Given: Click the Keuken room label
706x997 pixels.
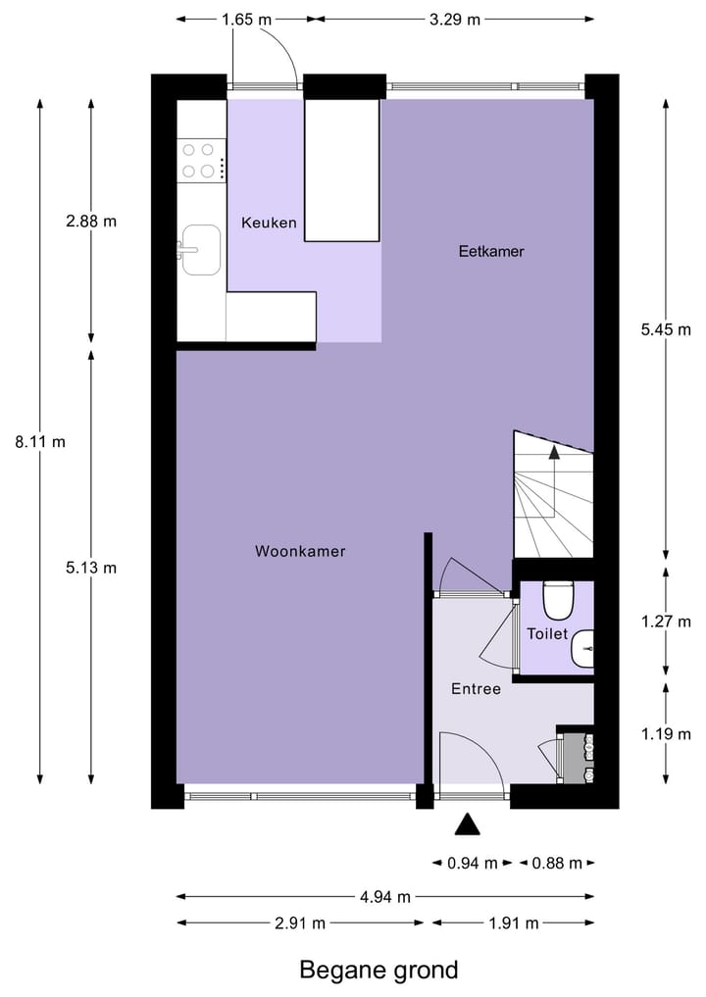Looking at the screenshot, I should pyautogui.click(x=269, y=223).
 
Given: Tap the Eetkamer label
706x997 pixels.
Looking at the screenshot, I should pyautogui.click(x=491, y=251).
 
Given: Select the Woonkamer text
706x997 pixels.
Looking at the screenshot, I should pyautogui.click(x=300, y=551).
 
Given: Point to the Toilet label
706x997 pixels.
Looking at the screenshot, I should pyautogui.click(x=547, y=634).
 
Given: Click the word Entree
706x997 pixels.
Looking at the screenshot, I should pyautogui.click(x=476, y=689).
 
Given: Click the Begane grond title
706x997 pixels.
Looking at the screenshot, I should pyautogui.click(x=378, y=971).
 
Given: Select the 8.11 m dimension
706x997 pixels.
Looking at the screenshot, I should pyautogui.click(x=40, y=441).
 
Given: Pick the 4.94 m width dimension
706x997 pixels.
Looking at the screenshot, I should pyautogui.click(x=385, y=896).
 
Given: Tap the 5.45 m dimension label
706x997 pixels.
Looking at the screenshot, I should pyautogui.click(x=666, y=329).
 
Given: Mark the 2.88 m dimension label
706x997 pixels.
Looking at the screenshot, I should pyautogui.click(x=91, y=221).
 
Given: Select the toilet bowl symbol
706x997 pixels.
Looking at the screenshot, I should pyautogui.click(x=557, y=599).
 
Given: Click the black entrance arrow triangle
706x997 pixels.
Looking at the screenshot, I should pyautogui.click(x=468, y=825).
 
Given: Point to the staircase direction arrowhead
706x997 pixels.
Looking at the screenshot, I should pyautogui.click(x=554, y=452).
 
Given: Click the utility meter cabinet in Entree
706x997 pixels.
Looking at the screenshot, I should pyautogui.click(x=576, y=756).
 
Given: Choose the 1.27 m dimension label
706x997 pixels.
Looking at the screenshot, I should pyautogui.click(x=666, y=622).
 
